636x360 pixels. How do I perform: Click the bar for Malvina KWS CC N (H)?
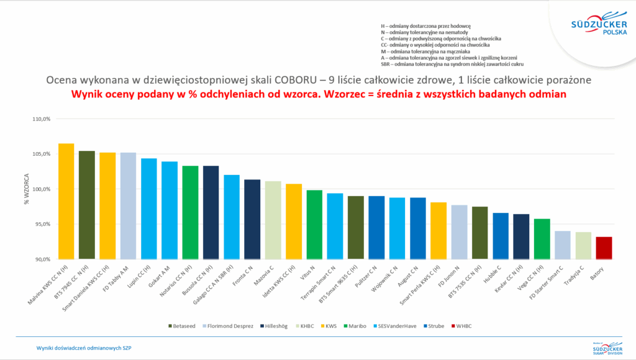[66, 201]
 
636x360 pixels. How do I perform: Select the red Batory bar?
[604, 248]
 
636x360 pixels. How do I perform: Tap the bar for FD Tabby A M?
[128, 205]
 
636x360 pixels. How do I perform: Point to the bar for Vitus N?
[314, 224]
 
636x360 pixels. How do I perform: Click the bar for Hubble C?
[501, 236]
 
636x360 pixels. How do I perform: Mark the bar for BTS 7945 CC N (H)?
[86, 205]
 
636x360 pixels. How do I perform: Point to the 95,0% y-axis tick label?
[40, 224]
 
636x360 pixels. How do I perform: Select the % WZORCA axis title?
[27, 189]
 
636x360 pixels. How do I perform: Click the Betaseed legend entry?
[183, 325]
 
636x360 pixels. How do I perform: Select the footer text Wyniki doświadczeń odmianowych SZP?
[83, 348]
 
